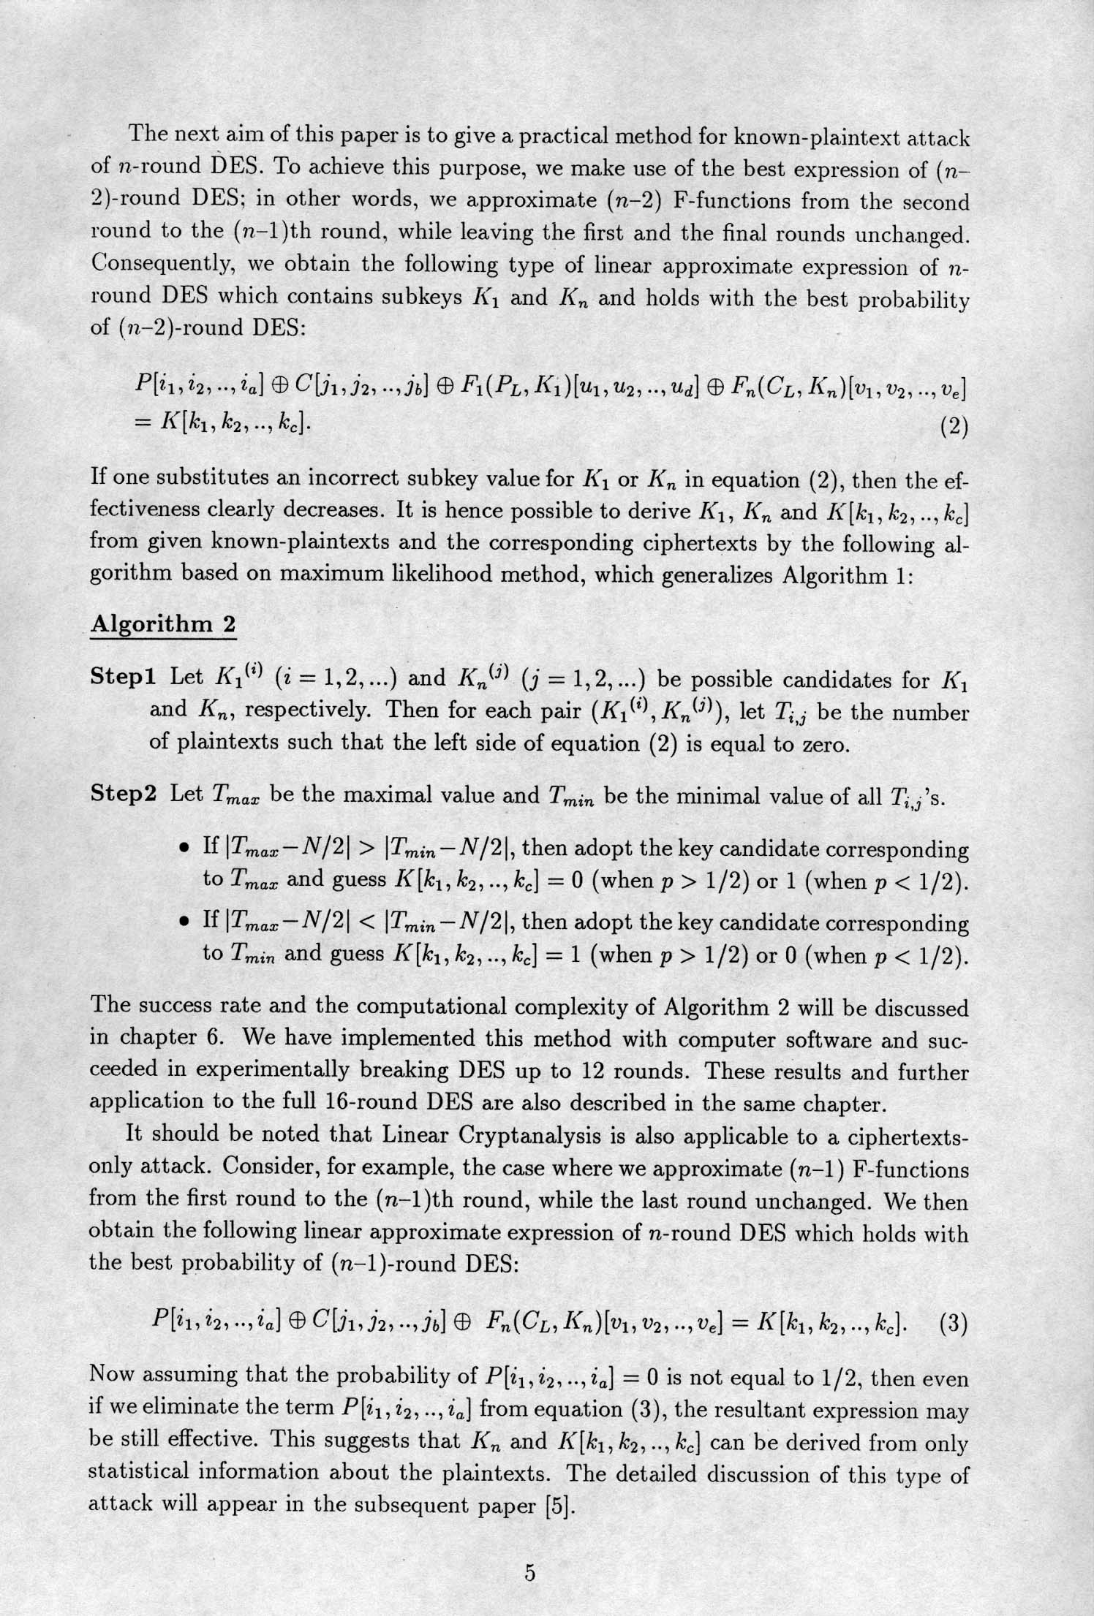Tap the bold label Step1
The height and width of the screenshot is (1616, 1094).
click(x=123, y=677)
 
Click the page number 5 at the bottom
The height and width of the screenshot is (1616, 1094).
click(x=531, y=1571)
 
